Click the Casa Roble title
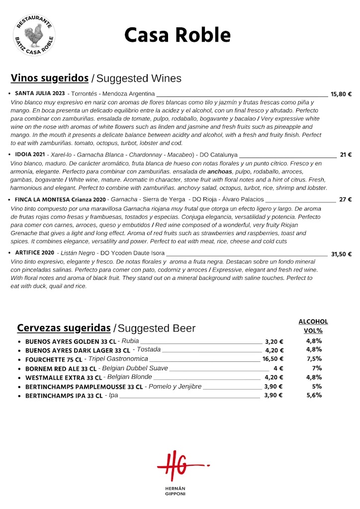[177, 35]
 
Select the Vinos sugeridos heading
[50, 78]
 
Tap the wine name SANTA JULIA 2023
[40, 93]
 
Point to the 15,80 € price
[341, 94]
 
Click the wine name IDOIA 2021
[30, 155]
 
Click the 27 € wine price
[346, 200]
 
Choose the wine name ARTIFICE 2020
[34, 253]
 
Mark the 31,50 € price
[341, 254]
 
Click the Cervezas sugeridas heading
[64, 328]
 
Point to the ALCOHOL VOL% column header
[313, 326]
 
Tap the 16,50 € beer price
[273, 359]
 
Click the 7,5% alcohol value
[314, 359]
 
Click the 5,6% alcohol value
[314, 395]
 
